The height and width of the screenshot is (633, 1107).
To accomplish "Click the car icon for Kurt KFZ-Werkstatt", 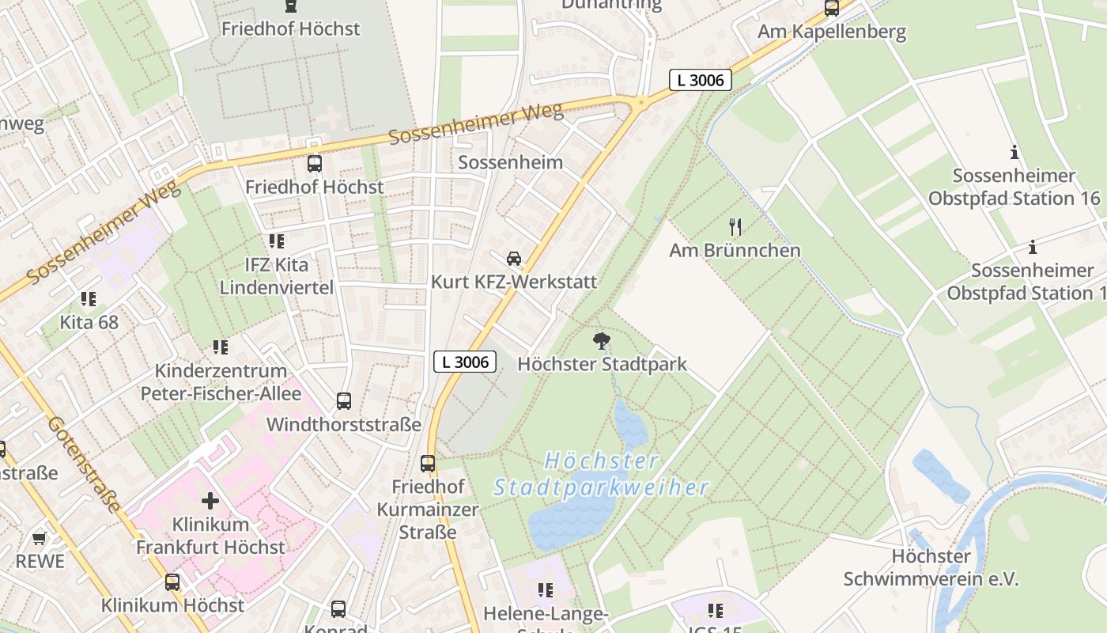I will (514, 259).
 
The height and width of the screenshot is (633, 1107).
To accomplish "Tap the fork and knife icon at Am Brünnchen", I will (735, 227).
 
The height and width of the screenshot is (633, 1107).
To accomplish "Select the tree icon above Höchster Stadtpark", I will (602, 341).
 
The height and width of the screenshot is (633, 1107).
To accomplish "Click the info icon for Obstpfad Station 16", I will (1014, 152).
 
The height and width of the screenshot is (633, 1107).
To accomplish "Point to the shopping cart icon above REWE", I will (40, 538).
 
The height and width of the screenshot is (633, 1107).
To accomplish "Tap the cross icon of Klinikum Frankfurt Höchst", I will (210, 501).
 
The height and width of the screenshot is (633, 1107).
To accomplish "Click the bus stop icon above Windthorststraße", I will (344, 401).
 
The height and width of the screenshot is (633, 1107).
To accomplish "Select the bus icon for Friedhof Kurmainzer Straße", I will (428, 464).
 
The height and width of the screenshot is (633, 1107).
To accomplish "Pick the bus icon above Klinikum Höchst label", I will (172, 583).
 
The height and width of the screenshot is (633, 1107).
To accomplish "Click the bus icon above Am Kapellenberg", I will (832, 9).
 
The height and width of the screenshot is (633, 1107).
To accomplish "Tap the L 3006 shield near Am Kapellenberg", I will (701, 80).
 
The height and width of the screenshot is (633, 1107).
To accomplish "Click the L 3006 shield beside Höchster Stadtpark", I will (466, 362).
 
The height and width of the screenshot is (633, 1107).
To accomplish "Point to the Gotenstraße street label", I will (85, 463).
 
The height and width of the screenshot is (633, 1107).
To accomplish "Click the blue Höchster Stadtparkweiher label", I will (601, 474).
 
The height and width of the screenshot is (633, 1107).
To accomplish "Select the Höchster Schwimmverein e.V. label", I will (931, 567).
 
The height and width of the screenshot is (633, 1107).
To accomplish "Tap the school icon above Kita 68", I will (89, 299).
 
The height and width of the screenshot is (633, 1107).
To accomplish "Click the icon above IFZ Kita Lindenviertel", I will (276, 241).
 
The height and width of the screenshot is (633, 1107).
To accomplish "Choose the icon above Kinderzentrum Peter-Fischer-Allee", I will (221, 347).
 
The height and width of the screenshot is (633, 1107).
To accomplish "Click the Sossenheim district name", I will (511, 163).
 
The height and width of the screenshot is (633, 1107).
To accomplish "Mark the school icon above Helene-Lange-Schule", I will (545, 590).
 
